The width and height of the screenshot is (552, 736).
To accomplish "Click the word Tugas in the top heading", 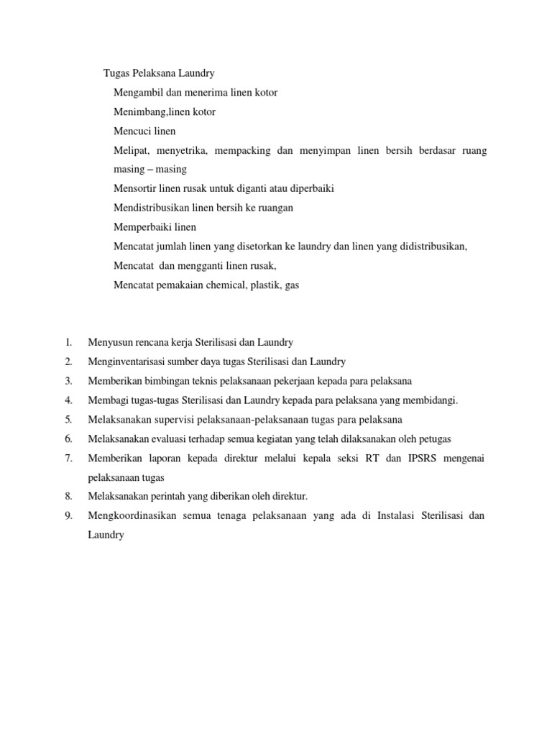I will [116, 73].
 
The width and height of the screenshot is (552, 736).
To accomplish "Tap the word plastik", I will [265, 285].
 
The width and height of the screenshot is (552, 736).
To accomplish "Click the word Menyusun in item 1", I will [109, 343].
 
